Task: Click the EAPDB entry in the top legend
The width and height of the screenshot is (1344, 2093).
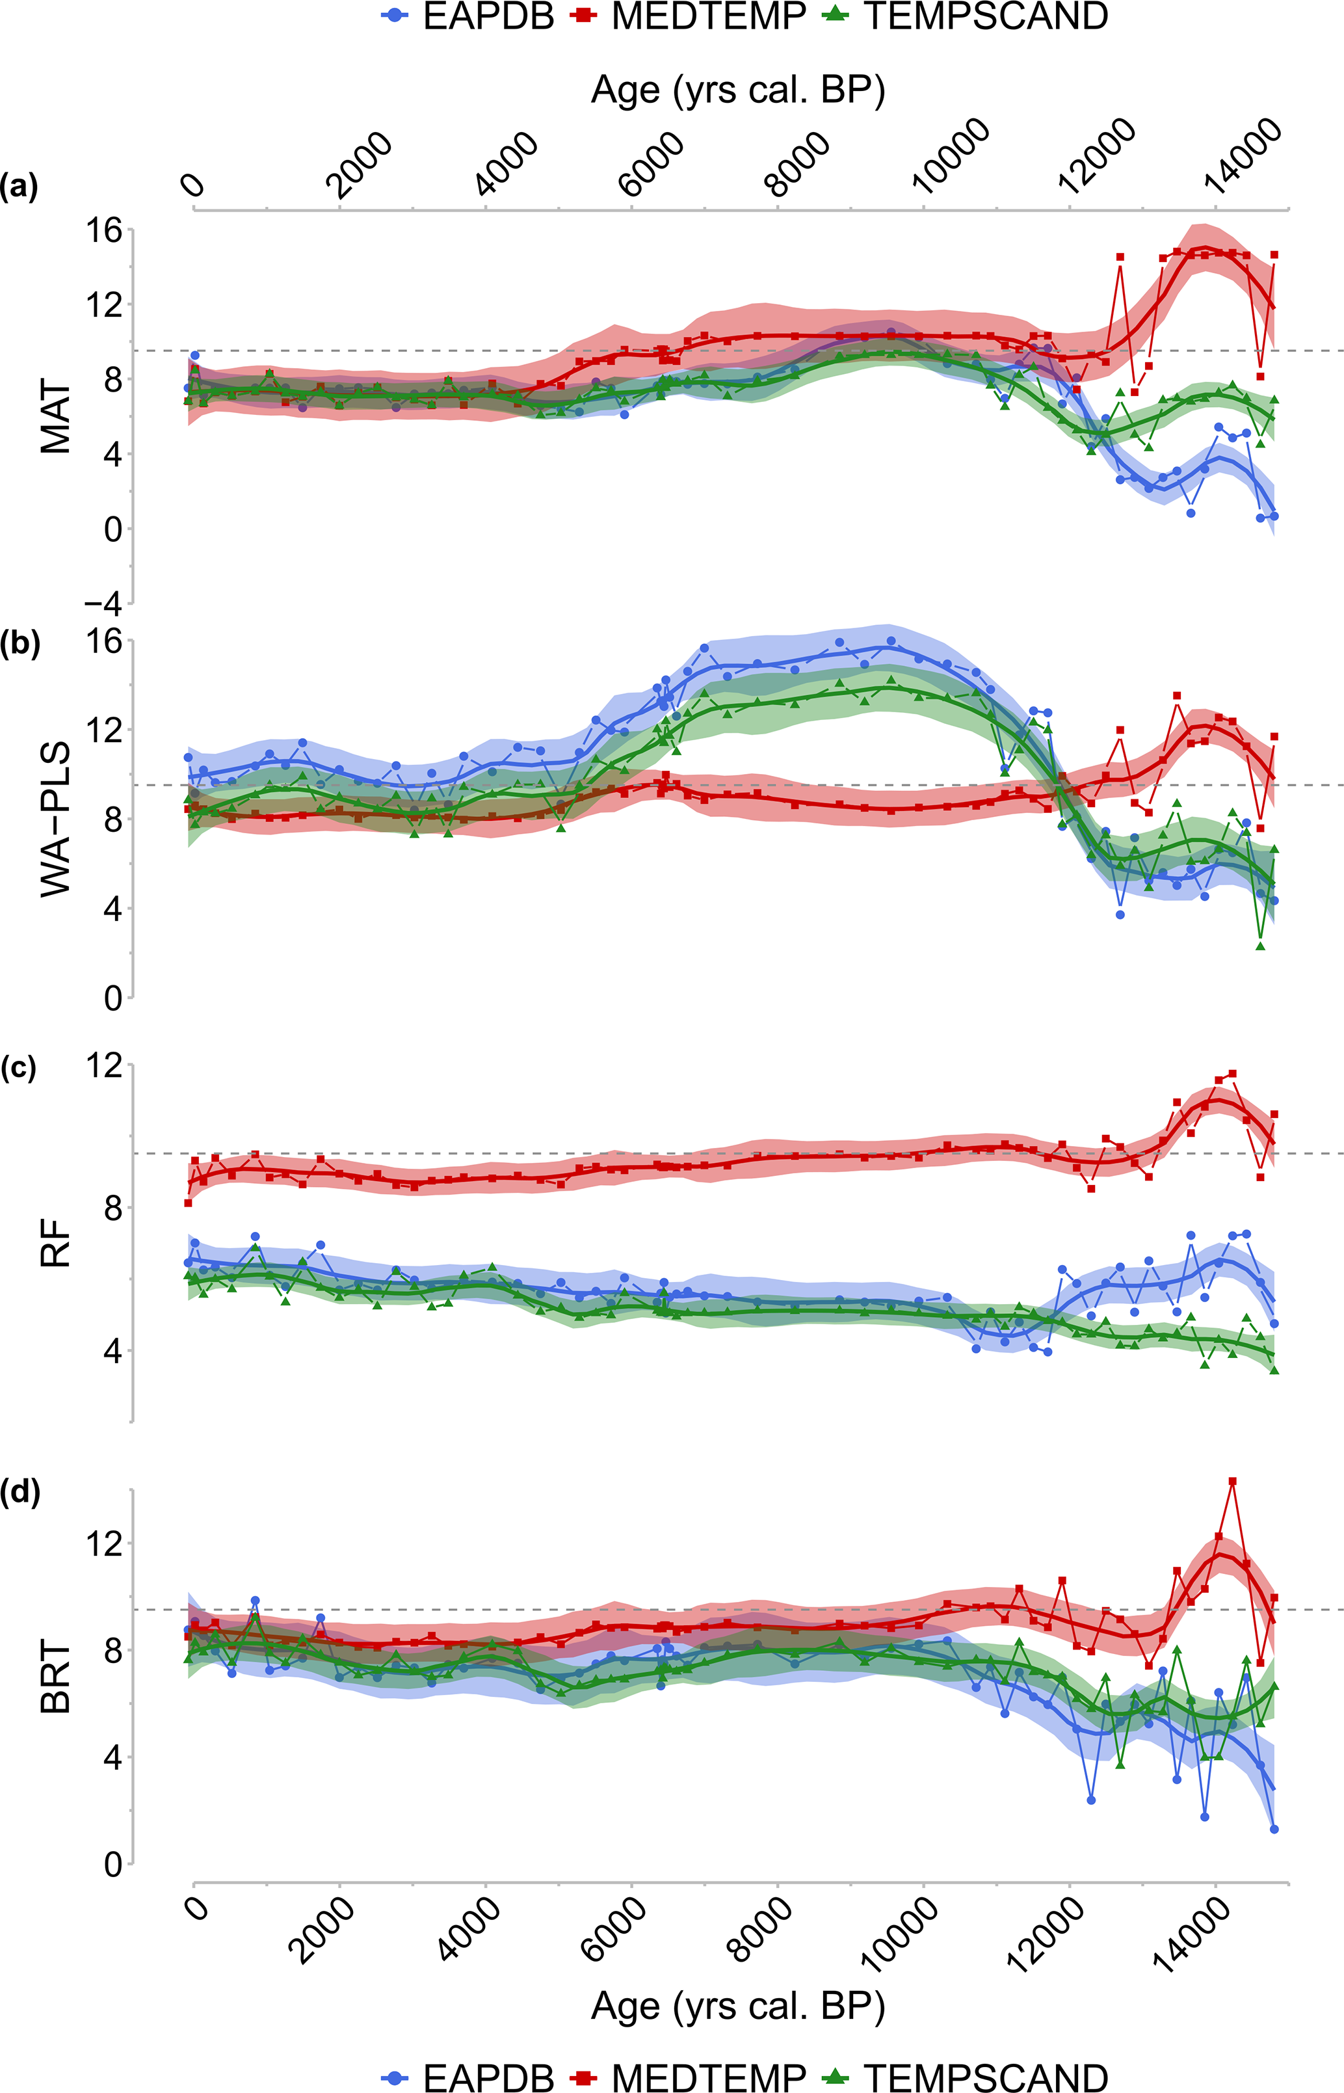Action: coord(469,16)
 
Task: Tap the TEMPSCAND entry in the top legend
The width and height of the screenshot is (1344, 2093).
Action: coord(964,16)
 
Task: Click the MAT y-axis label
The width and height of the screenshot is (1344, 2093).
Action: coord(56,416)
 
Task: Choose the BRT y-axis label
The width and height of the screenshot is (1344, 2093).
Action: coord(56,1677)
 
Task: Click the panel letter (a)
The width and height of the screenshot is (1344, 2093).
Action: coord(20,187)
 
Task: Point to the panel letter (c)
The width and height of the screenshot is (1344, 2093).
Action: coord(20,1069)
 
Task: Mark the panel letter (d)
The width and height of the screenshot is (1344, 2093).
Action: coord(20,1493)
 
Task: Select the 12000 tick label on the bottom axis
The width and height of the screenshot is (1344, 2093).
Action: coord(1048,1935)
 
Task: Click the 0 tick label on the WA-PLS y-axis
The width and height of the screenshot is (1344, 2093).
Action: coord(112,998)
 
